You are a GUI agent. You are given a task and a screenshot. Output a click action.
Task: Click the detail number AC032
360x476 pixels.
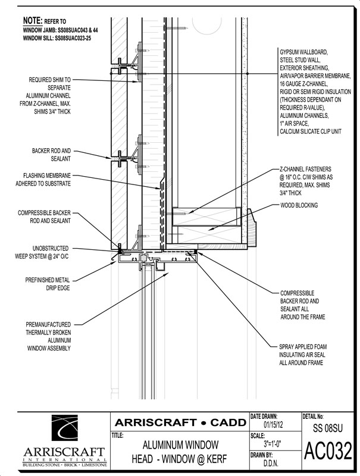[x=328, y=452]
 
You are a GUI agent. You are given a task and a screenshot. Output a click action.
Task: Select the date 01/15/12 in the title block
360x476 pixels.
[x=273, y=424]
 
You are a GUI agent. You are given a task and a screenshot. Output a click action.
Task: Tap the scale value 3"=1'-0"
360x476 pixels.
[x=273, y=444]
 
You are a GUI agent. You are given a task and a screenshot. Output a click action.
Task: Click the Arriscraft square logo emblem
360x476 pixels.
[x=65, y=428]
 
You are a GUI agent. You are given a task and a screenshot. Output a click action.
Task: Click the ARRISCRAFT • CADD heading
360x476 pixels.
[x=180, y=422]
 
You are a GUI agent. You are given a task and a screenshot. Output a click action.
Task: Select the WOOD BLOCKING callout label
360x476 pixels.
[x=299, y=205]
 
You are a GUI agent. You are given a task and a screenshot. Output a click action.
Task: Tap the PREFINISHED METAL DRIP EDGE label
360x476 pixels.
[x=48, y=284]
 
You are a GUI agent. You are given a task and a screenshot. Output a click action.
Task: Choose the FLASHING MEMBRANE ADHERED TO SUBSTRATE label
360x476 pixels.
[x=43, y=180]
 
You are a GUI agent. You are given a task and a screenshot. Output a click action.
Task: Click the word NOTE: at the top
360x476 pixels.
[x=33, y=21]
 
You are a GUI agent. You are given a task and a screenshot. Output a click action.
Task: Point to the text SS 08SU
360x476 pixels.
[x=328, y=428]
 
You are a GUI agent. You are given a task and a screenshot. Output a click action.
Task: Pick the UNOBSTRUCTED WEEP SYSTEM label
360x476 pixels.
[x=42, y=252]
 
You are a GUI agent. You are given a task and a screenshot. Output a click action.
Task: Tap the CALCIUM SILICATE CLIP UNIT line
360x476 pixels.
[x=311, y=131]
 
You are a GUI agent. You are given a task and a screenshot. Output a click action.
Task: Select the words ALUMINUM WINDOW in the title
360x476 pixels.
[x=181, y=445]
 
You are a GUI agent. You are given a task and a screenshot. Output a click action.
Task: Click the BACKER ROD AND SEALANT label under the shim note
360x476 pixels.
[x=51, y=155]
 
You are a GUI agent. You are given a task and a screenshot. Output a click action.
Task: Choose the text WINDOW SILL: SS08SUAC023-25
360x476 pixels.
[x=57, y=38]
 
